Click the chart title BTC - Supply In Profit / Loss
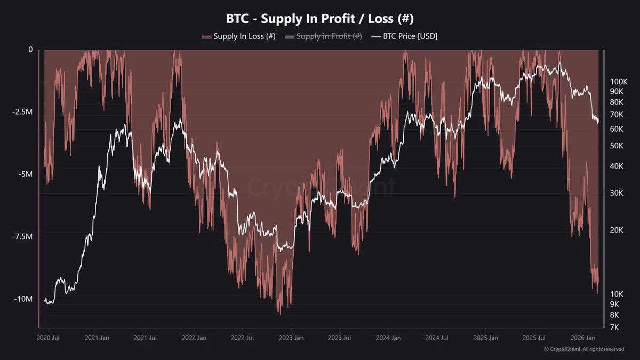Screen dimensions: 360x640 click(320, 18)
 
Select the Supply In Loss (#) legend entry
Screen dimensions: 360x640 click(238, 36)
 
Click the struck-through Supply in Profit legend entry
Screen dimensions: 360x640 click(324, 36)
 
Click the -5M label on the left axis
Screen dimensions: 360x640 click(26, 174)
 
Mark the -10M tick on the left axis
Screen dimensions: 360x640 click(24, 299)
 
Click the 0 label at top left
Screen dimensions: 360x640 click(30, 50)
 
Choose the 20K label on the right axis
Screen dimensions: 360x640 click(617, 230)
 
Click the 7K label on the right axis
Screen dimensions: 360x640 click(615, 326)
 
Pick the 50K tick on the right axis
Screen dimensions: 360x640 click(617, 146)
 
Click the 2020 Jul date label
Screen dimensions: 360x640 click(48, 338)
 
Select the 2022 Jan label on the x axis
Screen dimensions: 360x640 click(194, 338)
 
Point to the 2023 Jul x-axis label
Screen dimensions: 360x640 click(339, 338)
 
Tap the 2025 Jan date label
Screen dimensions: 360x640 click(485, 338)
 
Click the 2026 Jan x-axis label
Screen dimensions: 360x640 click(583, 338)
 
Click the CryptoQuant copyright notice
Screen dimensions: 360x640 click(583, 349)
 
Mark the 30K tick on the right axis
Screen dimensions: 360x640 click(617, 193)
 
